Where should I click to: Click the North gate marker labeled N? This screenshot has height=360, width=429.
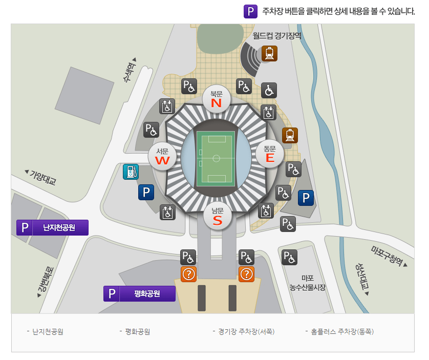tap(216, 99)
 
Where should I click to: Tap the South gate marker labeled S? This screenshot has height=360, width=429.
tap(218, 217)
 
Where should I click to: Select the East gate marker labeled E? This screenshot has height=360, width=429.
tap(270, 154)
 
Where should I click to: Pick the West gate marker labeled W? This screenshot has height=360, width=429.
tap(162, 156)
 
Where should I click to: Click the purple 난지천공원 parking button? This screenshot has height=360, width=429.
tap(53, 227)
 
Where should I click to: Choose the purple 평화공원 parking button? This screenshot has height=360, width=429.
tap(140, 293)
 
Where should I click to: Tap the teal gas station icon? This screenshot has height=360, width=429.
tap(131, 172)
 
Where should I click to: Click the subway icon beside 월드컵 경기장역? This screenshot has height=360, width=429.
tap(269, 53)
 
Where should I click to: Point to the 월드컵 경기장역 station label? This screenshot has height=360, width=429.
tap(277, 36)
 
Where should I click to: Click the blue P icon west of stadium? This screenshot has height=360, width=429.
tap(146, 193)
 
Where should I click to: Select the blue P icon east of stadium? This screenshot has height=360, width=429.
tap(306, 198)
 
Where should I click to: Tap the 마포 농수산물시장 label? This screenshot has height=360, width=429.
tap(307, 283)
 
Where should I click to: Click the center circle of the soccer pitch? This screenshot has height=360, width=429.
tap(216, 158)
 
